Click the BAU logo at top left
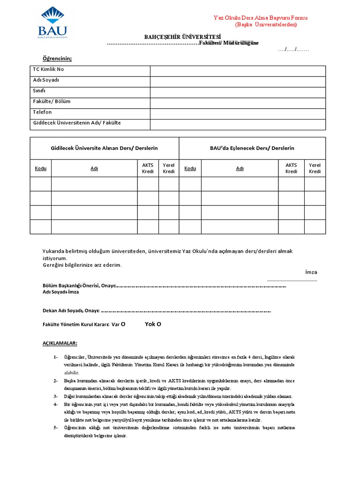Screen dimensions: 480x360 click(x=52, y=22)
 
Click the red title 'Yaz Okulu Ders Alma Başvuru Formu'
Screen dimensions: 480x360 click(x=261, y=18)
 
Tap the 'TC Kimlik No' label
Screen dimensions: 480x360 click(x=48, y=69)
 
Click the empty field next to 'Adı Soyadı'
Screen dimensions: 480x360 click(x=238, y=82)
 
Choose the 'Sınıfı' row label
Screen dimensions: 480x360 click(x=39, y=91)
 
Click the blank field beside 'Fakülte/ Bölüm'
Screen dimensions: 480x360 click(x=238, y=103)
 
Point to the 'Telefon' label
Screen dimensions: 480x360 click(x=42, y=112)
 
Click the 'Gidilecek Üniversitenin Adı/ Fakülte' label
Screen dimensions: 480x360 click(x=77, y=123)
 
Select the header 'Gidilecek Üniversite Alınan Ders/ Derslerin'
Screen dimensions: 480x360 click(x=104, y=148)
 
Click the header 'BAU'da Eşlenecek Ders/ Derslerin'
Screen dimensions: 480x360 click(x=252, y=148)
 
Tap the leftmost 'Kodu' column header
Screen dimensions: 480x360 click(x=41, y=168)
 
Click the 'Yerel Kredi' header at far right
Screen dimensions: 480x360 click(x=315, y=168)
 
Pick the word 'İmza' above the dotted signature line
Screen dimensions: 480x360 click(x=311, y=272)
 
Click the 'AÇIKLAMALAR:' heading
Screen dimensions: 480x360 click(x=60, y=343)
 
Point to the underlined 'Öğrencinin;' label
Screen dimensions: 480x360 click(x=58, y=58)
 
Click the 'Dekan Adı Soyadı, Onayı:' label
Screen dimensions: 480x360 click(x=71, y=310)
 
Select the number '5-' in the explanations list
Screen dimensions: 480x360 click(x=56, y=428)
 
